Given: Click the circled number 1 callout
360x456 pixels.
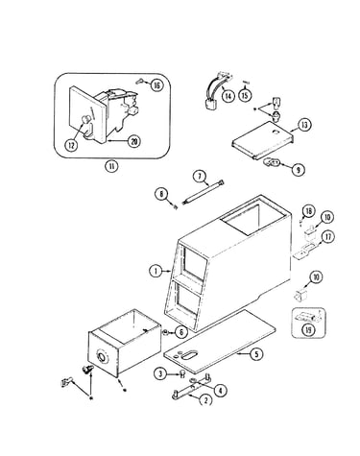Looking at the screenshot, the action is click(156, 272).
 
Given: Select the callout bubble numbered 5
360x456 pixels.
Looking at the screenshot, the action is click(256, 354).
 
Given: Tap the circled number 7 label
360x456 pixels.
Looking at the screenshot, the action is click(201, 177).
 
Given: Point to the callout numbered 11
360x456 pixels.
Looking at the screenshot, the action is click(111, 166).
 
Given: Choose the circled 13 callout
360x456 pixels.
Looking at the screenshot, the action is click(304, 125).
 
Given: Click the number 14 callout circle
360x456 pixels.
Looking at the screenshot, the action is click(228, 96).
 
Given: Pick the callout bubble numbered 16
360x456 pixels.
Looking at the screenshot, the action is click(156, 85).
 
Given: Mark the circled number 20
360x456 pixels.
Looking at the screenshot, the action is click(134, 141).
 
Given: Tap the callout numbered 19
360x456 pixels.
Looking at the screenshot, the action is click(308, 330).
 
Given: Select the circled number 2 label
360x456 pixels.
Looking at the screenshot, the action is click(205, 400).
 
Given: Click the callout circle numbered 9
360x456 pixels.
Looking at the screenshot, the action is click(298, 170).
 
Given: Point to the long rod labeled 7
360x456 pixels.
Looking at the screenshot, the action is click(203, 192).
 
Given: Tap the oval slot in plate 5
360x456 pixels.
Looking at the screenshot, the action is click(187, 354).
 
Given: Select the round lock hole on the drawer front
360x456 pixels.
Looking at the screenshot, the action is click(102, 357).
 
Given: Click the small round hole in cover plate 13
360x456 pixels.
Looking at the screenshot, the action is click(274, 132).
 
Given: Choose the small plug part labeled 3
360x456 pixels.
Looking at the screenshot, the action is click(182, 373).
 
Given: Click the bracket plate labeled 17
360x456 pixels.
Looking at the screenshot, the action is click(304, 251).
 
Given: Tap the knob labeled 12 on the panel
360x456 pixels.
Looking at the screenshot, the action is click(85, 119).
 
